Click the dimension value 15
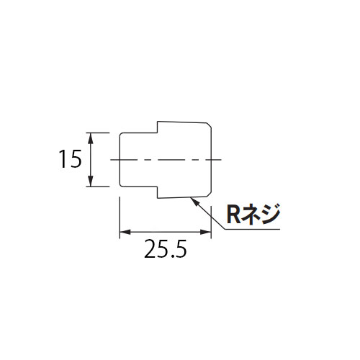tap(70, 159)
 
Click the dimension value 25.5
tap(166, 248)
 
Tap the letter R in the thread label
tap(233, 215)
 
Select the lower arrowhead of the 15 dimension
tap(90, 181)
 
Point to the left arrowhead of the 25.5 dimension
tap(125, 232)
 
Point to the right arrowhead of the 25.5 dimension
tap(206, 232)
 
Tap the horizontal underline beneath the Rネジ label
tap(252, 229)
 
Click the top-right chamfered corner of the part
tap(209, 125)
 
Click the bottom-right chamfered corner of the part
tap(209, 194)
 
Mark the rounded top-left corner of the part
tap(121, 134)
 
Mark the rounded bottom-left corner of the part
tap(121, 184)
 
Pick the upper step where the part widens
tap(158, 127)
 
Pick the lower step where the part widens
tap(158, 192)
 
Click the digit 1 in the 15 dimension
tap(63, 159)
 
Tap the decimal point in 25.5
tap(170, 256)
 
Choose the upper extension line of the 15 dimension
tap(98, 132)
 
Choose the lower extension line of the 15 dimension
tap(98, 186)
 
